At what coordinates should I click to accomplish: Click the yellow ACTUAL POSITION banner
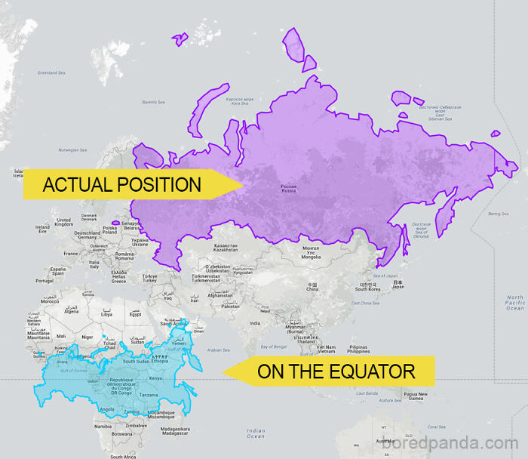pos(121,184)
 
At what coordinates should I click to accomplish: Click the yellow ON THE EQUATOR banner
pos(336,371)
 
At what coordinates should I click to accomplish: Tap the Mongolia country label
pos(311,252)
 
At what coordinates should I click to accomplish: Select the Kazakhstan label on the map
pos(226,248)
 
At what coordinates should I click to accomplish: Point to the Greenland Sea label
pos(51,72)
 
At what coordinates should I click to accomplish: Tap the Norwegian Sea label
pos(72,149)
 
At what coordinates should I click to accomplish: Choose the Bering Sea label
pos(498,214)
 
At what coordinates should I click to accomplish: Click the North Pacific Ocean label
pos(514,302)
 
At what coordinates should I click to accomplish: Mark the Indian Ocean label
pos(256,433)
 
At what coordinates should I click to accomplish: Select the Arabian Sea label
pos(218,350)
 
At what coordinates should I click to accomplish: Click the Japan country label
pos(398,285)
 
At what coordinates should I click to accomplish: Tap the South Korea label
pos(367,288)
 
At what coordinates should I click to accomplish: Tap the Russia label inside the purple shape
pos(288,189)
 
